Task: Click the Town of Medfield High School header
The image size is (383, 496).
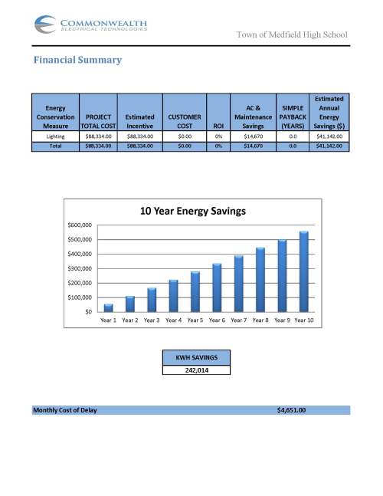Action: [291, 34]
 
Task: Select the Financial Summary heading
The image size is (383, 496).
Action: [77, 60]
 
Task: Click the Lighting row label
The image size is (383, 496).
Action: [55, 135]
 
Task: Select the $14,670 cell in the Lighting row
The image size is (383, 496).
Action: [254, 135]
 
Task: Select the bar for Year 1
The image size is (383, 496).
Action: [109, 307]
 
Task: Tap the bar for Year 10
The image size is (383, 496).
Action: [303, 271]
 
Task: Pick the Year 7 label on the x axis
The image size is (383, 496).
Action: [239, 320]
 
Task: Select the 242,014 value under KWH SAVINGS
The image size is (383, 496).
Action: [196, 370]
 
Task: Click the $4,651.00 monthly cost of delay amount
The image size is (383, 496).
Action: [291, 410]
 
